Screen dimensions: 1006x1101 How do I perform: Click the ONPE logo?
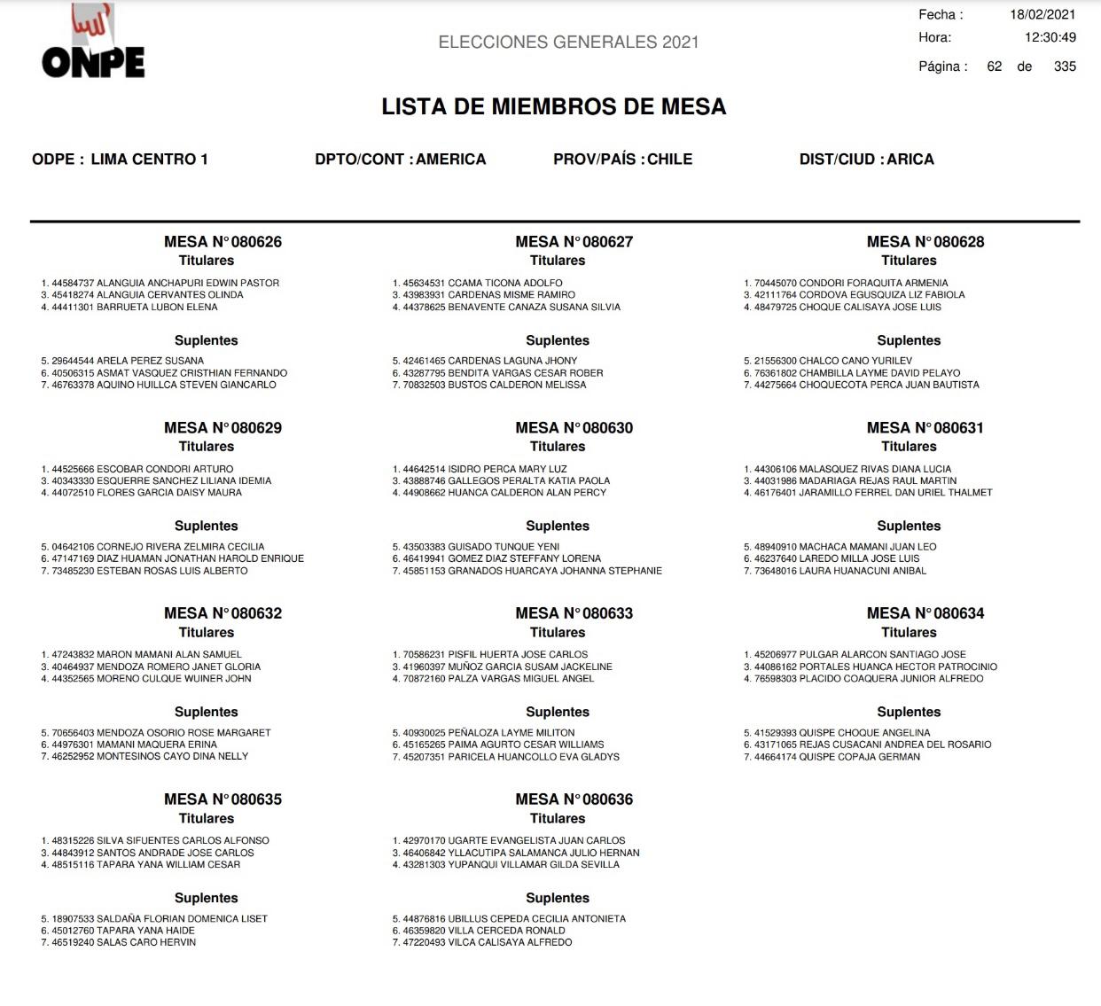(x=92, y=44)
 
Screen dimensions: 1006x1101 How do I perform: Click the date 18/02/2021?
(x=1042, y=15)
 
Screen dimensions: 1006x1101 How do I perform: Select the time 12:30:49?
(x=1050, y=38)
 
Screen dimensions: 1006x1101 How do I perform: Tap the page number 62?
(x=994, y=66)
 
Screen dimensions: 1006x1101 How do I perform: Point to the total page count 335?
(x=1064, y=66)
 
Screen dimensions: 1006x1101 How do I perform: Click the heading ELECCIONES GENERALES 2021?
(x=568, y=43)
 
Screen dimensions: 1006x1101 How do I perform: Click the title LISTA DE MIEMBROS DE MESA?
(x=553, y=107)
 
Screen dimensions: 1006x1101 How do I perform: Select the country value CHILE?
(x=669, y=160)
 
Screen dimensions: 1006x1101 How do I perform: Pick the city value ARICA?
(x=910, y=160)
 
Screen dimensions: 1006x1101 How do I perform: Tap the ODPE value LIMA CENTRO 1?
(x=149, y=160)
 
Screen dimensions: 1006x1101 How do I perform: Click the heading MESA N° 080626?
(x=223, y=242)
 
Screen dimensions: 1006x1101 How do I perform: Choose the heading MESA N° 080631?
(x=925, y=428)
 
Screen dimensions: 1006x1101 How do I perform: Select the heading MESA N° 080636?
(x=574, y=799)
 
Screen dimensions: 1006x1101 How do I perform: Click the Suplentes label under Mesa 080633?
(x=557, y=712)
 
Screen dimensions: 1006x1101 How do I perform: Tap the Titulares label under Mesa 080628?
(x=909, y=261)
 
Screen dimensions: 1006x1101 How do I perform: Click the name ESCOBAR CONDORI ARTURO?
(x=165, y=469)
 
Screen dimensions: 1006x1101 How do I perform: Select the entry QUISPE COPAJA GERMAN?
(x=859, y=757)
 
